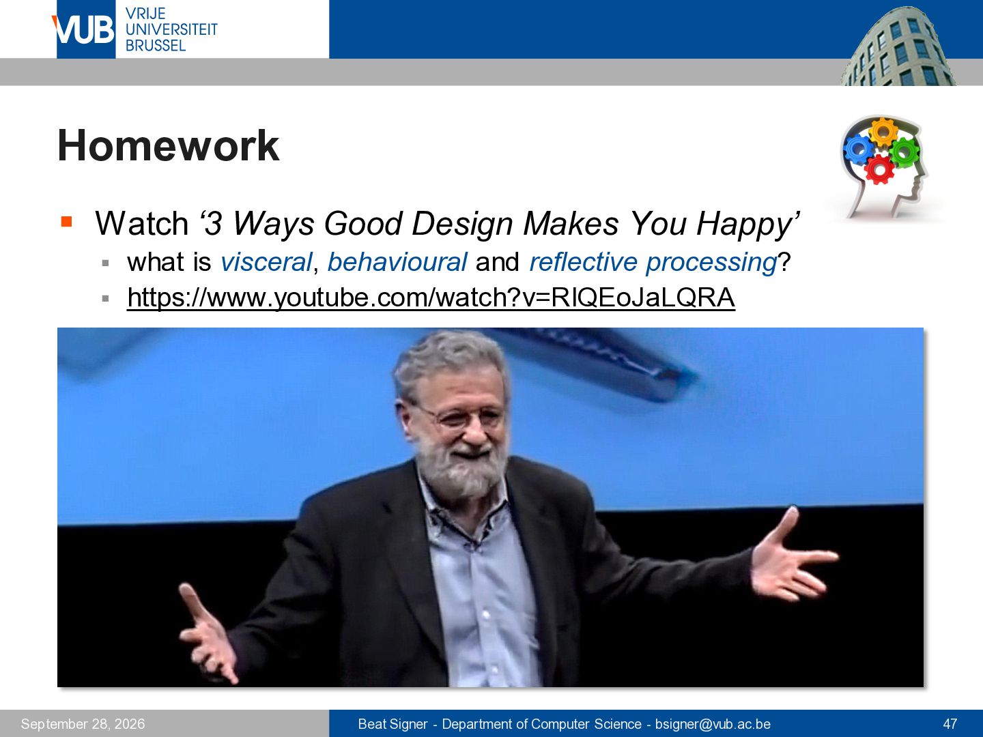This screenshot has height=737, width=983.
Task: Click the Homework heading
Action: pyautogui.click(x=169, y=145)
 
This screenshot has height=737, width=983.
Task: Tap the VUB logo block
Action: pyautogui.click(x=85, y=29)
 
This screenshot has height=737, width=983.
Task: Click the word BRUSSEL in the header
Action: pyautogui.click(x=156, y=46)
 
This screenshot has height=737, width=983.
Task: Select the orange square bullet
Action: pyautogui.click(x=66, y=222)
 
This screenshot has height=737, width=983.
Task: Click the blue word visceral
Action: pyautogui.click(x=266, y=262)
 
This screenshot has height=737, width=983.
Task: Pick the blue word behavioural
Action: pyautogui.click(x=397, y=262)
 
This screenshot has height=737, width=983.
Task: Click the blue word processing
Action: pyautogui.click(x=711, y=263)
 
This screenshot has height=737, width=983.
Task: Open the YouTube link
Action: pyautogui.click(x=431, y=298)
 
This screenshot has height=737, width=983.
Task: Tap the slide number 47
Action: pyautogui.click(x=950, y=723)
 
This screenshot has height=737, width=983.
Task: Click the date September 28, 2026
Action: pyautogui.click(x=83, y=724)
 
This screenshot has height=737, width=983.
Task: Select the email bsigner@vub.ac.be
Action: pyautogui.click(x=713, y=724)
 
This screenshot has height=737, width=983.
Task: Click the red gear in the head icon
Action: pyautogui.click(x=879, y=170)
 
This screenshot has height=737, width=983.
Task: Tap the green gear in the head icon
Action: pyautogui.click(x=904, y=153)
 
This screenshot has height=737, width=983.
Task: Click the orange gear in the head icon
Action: pyautogui.click(x=883, y=132)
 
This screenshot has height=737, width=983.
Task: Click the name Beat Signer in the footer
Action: pyautogui.click(x=393, y=724)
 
